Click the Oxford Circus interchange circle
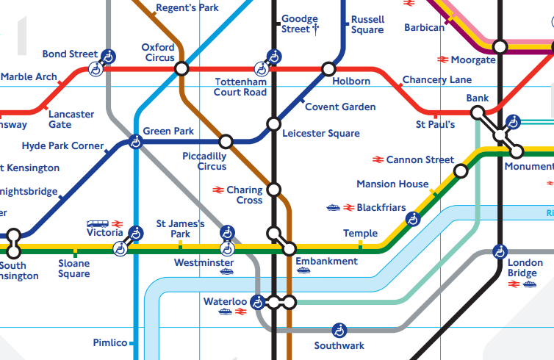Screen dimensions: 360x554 [181, 69]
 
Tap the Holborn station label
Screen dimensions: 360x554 [350, 82]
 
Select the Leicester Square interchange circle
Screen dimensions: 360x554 [273, 123]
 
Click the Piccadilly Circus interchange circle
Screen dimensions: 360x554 [226, 140]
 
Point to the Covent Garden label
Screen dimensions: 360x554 [340, 107]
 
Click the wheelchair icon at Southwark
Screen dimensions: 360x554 [339, 330]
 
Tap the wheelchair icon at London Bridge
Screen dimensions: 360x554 [500, 251]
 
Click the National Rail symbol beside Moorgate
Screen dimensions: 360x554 [442, 60]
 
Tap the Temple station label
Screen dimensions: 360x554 [360, 234]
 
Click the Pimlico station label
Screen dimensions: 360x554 [110, 343]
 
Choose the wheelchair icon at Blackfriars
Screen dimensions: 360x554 [414, 218]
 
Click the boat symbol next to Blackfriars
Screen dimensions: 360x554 [333, 208]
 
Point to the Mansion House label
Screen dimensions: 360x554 [392, 184]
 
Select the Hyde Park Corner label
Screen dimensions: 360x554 [62, 146]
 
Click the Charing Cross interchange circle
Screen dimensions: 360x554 [274, 190]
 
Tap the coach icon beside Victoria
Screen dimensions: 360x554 [96, 223]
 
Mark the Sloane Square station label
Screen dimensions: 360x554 [73, 268]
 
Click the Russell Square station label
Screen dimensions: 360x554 [367, 24]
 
